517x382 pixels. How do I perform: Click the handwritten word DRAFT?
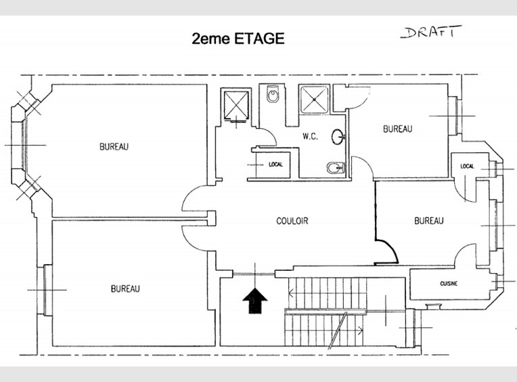coord(430,32)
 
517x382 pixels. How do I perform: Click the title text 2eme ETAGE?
coord(238,39)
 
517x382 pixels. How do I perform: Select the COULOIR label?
coord(292,221)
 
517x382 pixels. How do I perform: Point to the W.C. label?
coord(310,136)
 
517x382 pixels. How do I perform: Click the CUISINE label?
coord(448,283)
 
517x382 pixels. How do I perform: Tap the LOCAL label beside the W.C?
coord(275,164)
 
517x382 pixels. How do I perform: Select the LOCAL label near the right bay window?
coord(467,166)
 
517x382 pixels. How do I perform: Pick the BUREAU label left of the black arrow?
coord(125,289)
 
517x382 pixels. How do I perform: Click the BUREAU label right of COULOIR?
coord(429,220)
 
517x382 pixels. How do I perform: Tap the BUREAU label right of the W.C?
coord(397,129)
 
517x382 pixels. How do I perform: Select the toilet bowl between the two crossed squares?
coord(273,96)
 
